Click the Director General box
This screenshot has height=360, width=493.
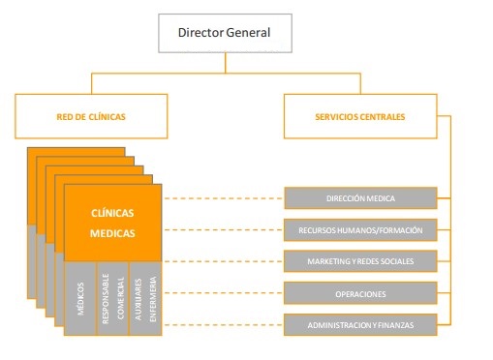[224, 33]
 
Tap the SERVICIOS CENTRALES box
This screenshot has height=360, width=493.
[359, 117]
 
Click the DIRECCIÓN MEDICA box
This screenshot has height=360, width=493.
[359, 198]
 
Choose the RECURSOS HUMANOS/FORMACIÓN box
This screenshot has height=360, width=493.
[359, 230]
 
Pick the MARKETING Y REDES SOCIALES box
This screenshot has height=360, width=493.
[359, 261]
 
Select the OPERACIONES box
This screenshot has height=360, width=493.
[359, 293]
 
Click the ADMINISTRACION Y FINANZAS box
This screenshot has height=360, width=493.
[359, 325]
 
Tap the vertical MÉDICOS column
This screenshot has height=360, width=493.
[79, 294]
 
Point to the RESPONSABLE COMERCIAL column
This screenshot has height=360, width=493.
[110, 294]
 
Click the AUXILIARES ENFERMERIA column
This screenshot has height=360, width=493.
[142, 294]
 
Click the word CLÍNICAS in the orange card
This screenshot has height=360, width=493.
[112, 213]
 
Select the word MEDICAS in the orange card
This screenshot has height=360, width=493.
[112, 233]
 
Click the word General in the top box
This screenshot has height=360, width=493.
[248, 33]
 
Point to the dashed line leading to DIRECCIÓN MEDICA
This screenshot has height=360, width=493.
[223, 198]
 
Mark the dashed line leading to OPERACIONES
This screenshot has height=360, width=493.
[223, 293]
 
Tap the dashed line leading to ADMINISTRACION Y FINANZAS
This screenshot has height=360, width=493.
[223, 325]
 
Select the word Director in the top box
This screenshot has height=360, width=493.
[200, 33]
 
